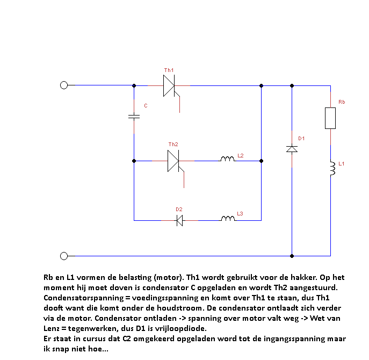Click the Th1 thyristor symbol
(x=170, y=85)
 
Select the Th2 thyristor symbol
(x=173, y=160)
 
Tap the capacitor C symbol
(x=134, y=116)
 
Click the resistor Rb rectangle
(x=330, y=118)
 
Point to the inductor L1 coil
(x=331, y=169)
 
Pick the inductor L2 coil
(x=228, y=159)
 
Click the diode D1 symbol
(x=292, y=148)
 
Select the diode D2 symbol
(x=180, y=220)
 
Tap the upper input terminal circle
(x=64, y=85)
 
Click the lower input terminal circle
(x=64, y=256)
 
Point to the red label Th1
(x=169, y=70)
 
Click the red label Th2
(x=173, y=144)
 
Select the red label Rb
(x=342, y=102)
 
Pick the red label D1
(x=301, y=139)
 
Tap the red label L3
(x=240, y=214)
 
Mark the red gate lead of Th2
(x=184, y=179)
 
